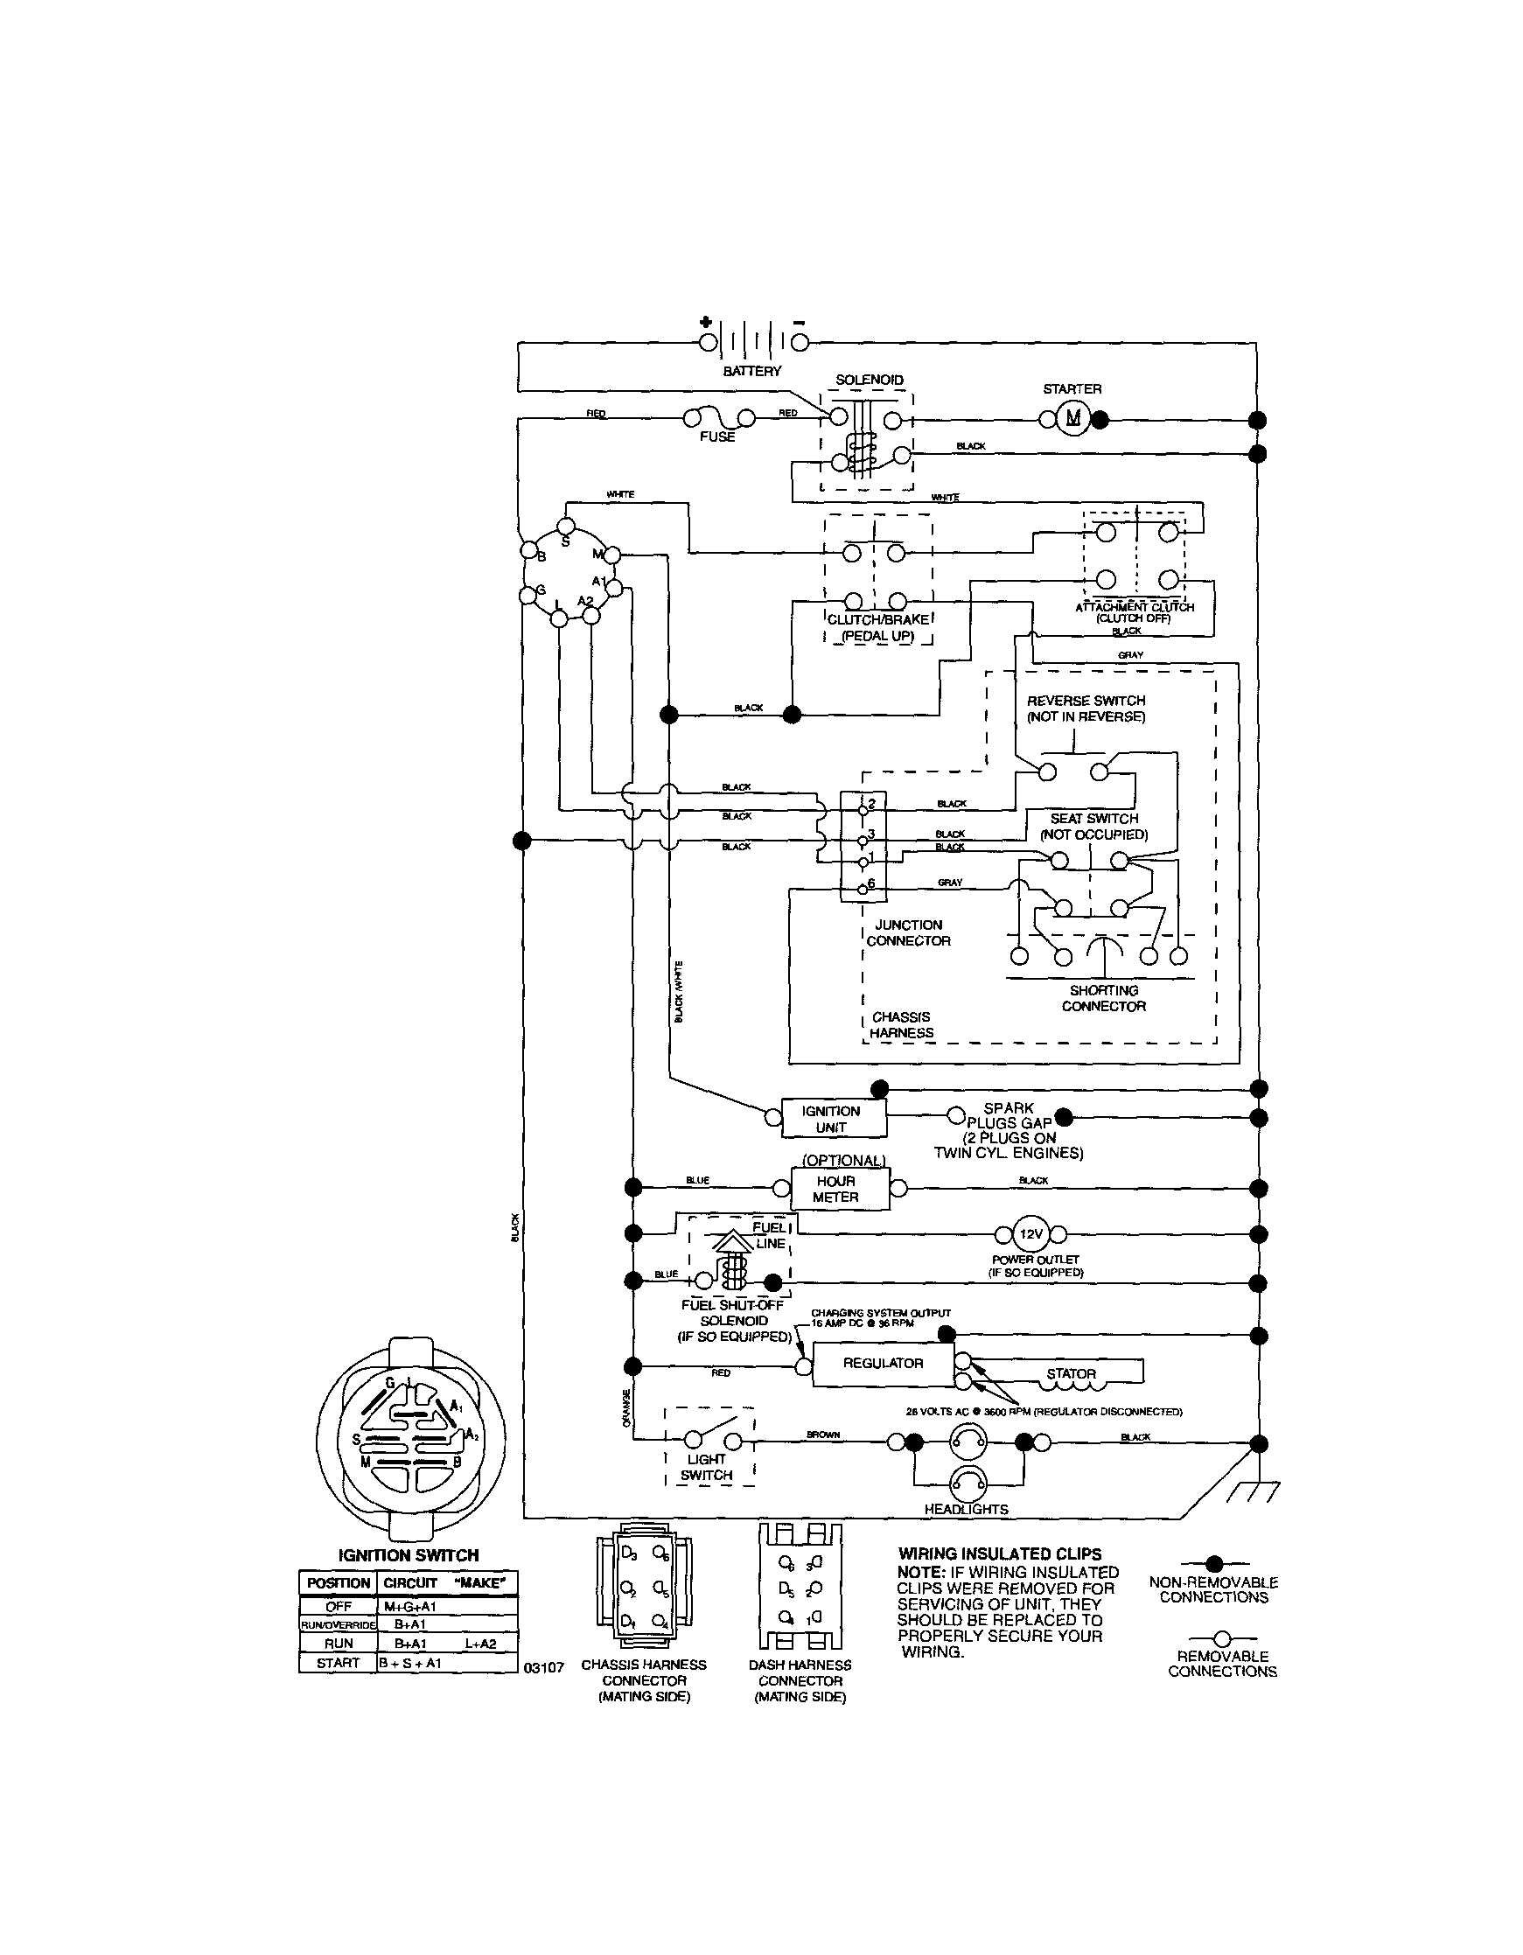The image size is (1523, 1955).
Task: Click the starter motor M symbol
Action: pos(1072,418)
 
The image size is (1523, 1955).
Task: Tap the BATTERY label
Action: pos(752,371)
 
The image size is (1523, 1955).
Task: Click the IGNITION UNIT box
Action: pos(833,1118)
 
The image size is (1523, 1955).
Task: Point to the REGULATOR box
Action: pos(883,1365)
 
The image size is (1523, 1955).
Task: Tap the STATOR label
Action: pos(1071,1373)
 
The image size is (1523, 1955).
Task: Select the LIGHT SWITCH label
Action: pos(707,1467)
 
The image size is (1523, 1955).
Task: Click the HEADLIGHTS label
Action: pos(966,1510)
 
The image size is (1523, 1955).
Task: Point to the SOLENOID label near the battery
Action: pos(870,380)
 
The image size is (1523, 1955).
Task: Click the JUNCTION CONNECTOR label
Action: pos(908,932)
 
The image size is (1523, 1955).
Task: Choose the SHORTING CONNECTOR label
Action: pos(1103,998)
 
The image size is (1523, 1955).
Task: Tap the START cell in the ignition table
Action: pos(338,1663)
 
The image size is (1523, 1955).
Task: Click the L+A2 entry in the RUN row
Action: pos(480,1644)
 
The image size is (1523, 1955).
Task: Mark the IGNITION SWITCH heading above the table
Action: pos(408,1556)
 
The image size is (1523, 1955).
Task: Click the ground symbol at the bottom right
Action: pos(1254,1491)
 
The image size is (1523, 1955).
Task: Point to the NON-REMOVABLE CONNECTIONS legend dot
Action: pos(1214,1564)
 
